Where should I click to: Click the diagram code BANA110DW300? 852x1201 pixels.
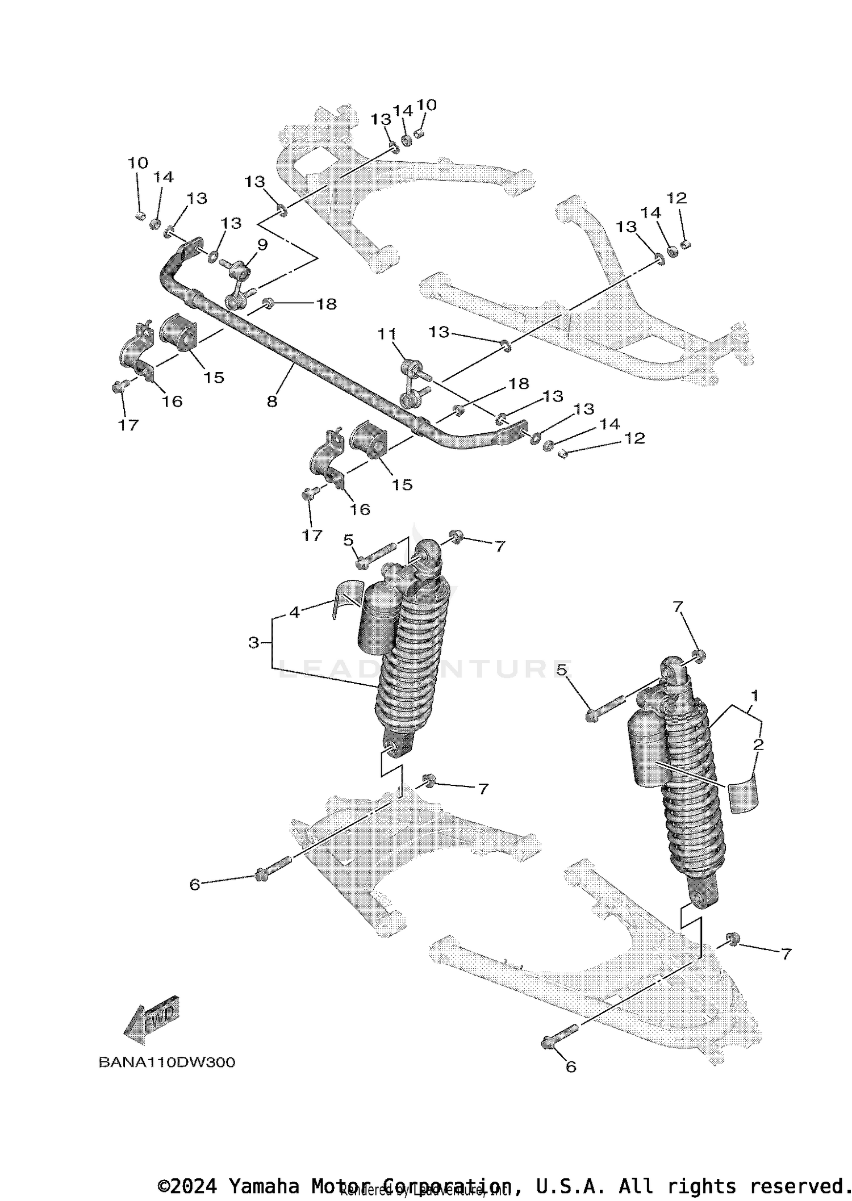pyautogui.click(x=166, y=1062)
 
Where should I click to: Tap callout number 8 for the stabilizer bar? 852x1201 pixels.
pyautogui.click(x=272, y=401)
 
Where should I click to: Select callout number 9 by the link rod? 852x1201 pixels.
pyautogui.click(x=262, y=245)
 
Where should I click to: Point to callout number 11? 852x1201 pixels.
pyautogui.click(x=387, y=334)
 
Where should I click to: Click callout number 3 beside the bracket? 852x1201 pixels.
pyautogui.click(x=253, y=643)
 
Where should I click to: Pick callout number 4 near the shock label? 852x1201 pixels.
pyautogui.click(x=294, y=612)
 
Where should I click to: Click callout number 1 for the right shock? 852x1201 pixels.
pyautogui.click(x=754, y=695)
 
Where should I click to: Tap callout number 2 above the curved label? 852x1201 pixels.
pyautogui.click(x=758, y=744)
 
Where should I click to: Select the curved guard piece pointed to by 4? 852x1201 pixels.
pyautogui.click(x=344, y=596)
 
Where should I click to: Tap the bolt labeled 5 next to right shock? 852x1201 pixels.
pyautogui.click(x=604, y=708)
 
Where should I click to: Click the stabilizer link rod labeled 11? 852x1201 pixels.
pyautogui.click(x=413, y=383)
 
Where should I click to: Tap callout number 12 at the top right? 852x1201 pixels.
pyautogui.click(x=676, y=198)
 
